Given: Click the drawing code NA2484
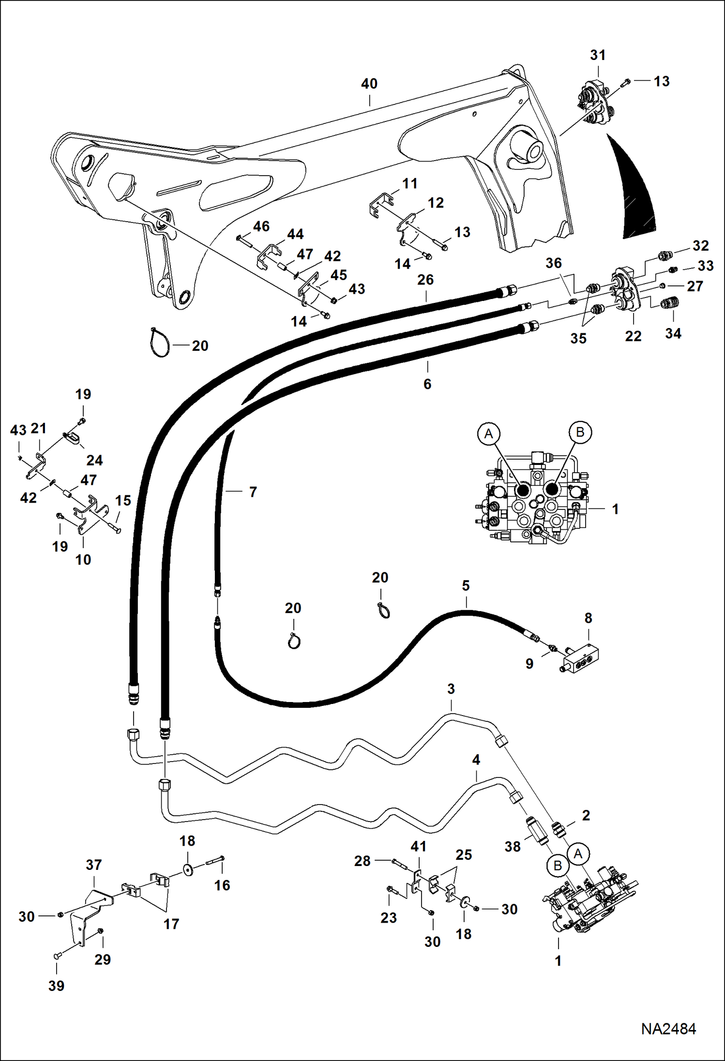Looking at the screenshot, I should (668, 1029).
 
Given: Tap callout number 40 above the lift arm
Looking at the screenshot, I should (369, 84).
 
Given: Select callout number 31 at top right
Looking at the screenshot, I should (598, 56).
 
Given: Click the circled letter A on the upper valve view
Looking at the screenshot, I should (489, 433).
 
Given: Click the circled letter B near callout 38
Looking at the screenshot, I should (557, 866).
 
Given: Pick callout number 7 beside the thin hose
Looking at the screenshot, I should (253, 492).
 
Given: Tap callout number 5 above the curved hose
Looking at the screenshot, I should (466, 586).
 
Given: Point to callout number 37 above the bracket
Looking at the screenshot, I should (94, 865).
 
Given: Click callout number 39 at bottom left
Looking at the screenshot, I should (56, 986).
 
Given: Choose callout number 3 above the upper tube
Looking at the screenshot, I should (451, 689).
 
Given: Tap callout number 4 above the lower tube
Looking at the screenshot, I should (476, 760).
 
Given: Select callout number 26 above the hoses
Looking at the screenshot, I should (425, 280).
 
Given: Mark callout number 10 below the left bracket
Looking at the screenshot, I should (83, 560).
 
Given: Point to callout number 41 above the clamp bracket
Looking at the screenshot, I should (418, 847).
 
